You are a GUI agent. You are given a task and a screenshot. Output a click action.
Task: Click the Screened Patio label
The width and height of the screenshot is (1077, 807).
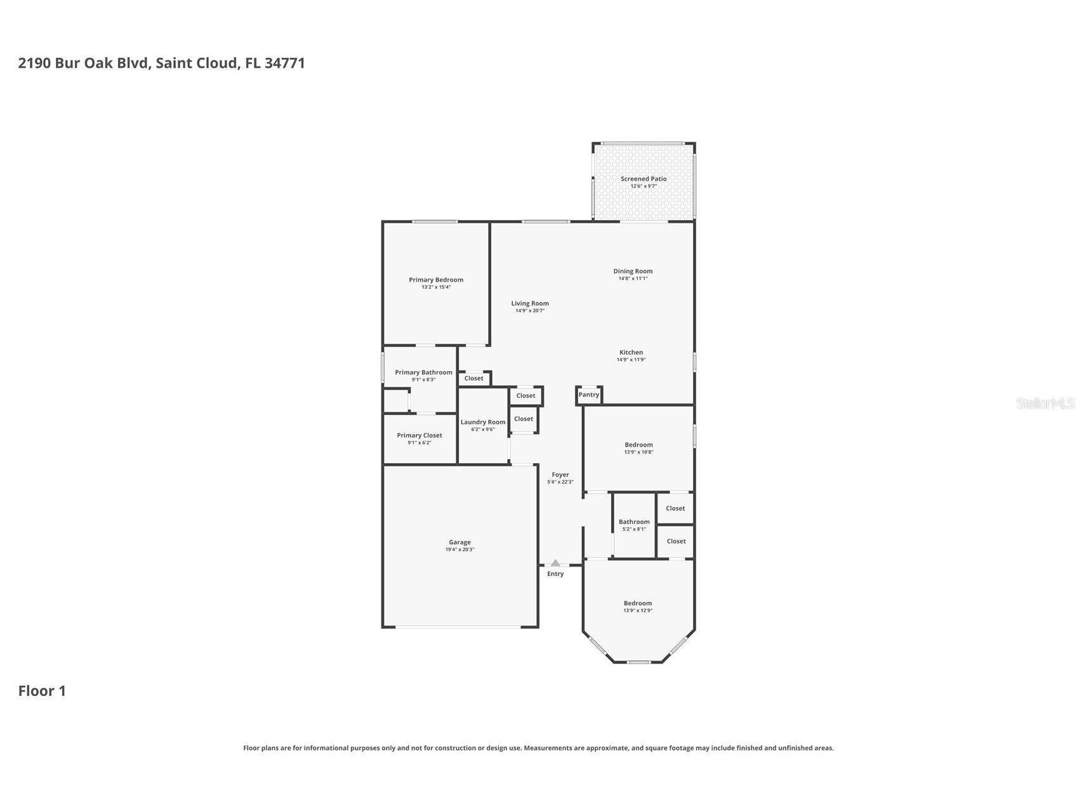coord(643,179)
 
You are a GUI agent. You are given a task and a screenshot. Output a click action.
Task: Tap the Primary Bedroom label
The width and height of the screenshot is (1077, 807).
coord(435,280)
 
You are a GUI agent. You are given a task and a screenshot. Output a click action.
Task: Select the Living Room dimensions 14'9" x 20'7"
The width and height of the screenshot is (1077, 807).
coord(529,311)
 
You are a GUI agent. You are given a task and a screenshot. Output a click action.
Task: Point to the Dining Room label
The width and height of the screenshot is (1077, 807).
coord(632,271)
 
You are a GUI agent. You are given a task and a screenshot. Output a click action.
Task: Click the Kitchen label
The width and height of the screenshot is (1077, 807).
coord(631,352)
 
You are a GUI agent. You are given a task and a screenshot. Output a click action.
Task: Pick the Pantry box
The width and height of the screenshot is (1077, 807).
coord(588,395)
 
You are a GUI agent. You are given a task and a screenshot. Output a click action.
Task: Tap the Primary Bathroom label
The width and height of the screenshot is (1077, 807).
coord(423,372)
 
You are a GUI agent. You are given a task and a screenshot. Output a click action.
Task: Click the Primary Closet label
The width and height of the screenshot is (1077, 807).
coord(419,435)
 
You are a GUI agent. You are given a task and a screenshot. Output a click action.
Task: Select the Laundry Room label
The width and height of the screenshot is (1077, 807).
coord(483,422)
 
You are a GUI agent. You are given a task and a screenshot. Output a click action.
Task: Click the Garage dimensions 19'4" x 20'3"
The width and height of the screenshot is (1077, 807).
coord(459,549)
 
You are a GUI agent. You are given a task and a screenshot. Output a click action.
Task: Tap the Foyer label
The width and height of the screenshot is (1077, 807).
coord(560,475)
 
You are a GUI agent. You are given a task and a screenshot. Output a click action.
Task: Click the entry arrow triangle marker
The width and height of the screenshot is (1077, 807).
coord(555,563)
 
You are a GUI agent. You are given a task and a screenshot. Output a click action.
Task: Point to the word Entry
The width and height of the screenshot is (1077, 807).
coord(555,574)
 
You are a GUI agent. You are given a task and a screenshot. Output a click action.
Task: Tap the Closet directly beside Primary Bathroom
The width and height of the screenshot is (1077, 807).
coord(473,378)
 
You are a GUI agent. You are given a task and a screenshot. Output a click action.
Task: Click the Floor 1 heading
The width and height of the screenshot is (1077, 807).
coord(42,691)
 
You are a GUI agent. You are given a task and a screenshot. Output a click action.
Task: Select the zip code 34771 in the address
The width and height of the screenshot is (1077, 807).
coord(284,63)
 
